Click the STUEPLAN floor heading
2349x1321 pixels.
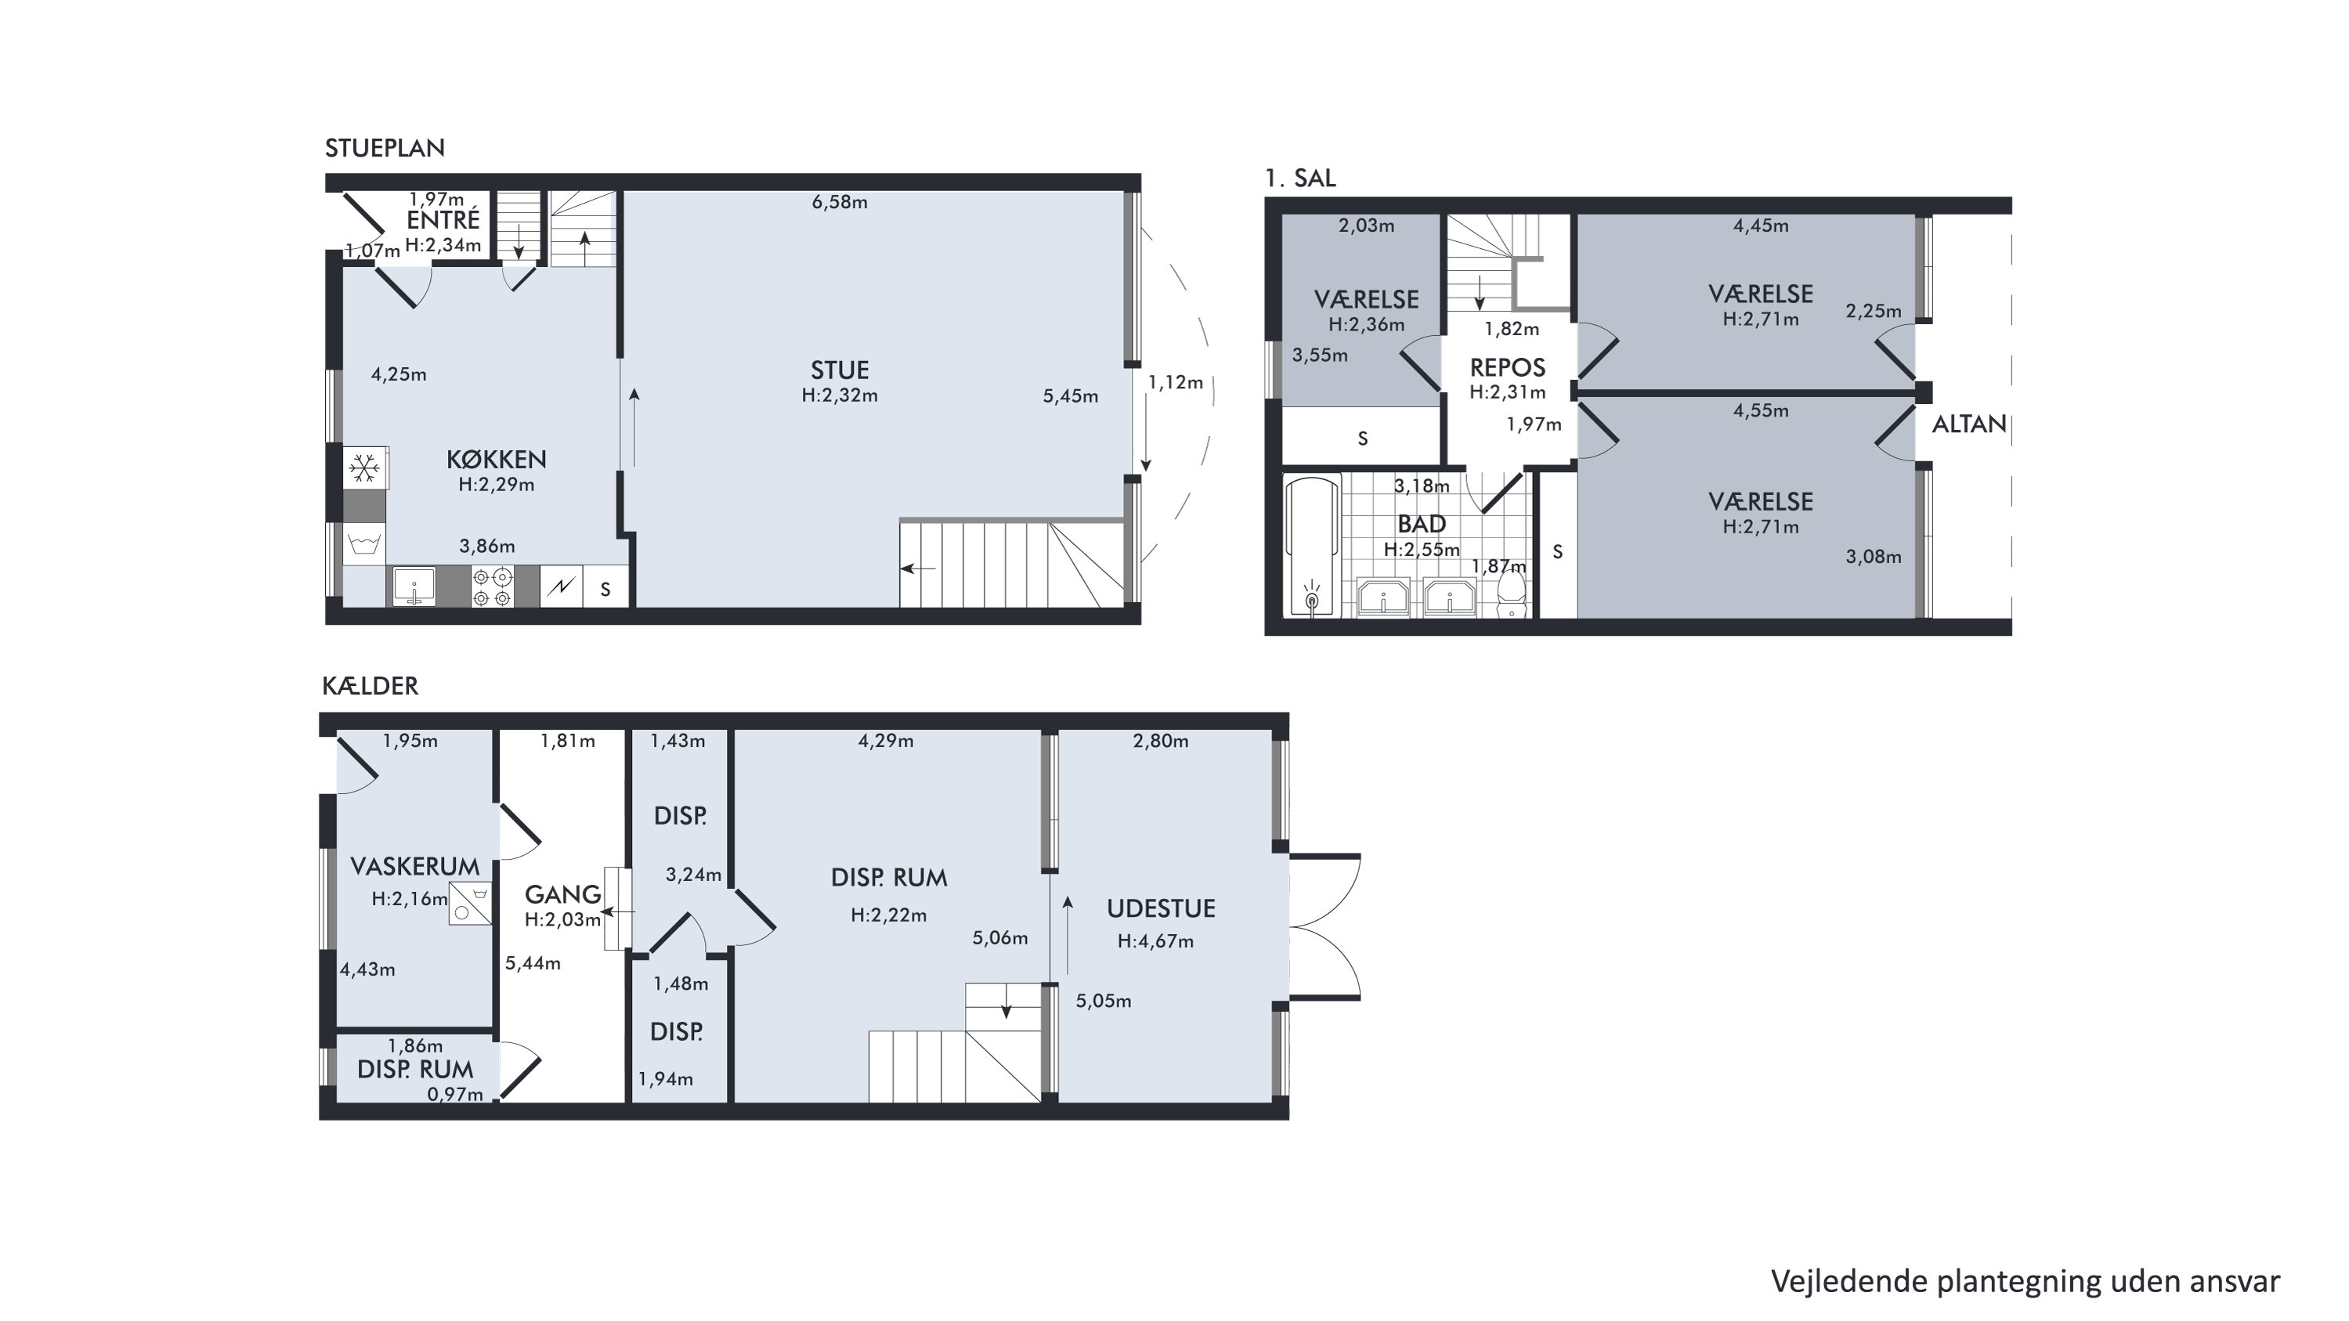point(385,148)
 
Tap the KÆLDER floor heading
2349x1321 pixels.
point(370,686)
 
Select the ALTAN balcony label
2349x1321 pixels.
point(1970,424)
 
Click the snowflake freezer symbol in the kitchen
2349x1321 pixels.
point(365,468)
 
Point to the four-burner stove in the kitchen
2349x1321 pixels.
point(493,587)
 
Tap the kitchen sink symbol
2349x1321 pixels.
point(414,587)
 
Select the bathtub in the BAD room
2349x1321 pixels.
point(1312,547)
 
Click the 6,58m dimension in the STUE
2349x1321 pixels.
point(840,202)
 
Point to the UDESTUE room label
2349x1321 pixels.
point(1161,909)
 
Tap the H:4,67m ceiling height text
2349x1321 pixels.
point(1155,942)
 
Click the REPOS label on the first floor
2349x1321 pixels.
point(1507,368)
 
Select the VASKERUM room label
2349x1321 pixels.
point(415,867)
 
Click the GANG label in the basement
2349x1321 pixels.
point(562,895)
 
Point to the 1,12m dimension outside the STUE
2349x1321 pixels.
point(1176,383)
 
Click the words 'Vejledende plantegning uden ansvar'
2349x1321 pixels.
point(2026,1282)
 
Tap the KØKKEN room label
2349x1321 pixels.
point(496,460)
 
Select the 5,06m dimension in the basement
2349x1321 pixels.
point(1000,938)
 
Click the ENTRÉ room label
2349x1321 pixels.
point(443,220)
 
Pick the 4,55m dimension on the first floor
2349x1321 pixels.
point(1761,411)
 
